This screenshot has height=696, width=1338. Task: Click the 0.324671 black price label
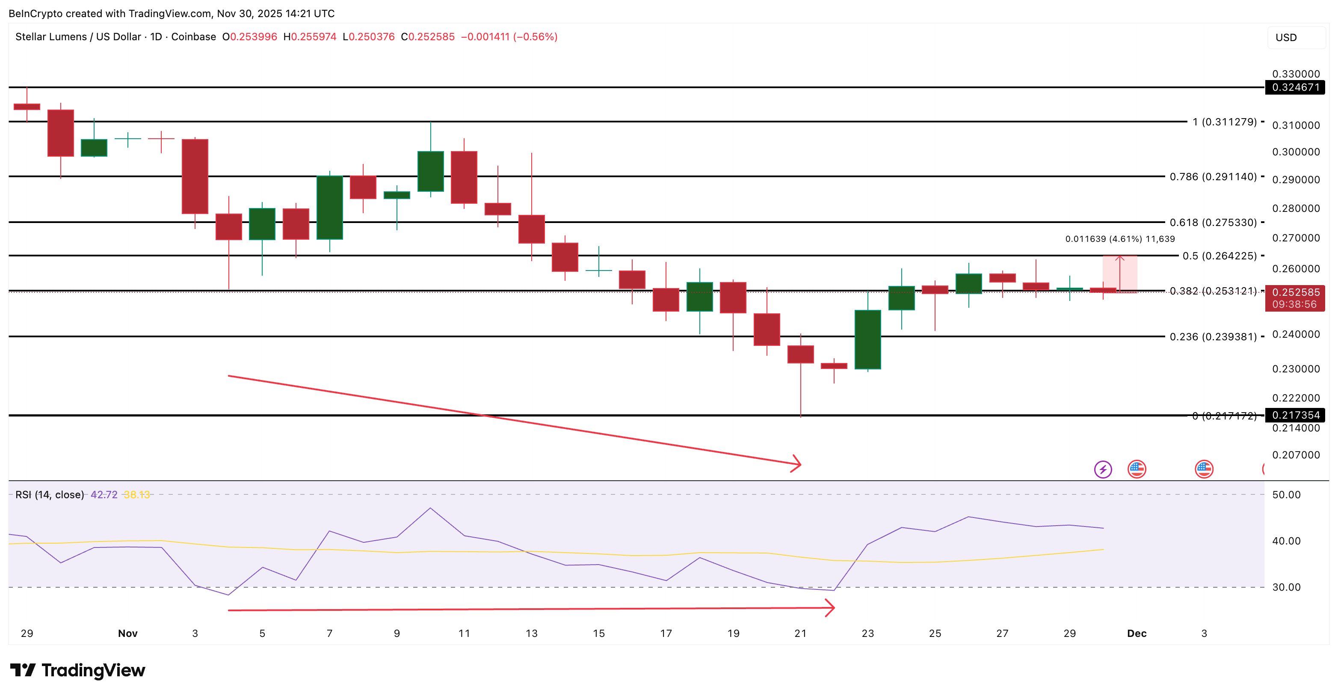tap(1295, 87)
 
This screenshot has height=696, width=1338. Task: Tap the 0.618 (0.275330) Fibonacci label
tap(1213, 223)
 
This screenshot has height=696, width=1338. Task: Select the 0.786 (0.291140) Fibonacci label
tap(1213, 177)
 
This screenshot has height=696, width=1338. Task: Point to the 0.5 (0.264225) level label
tap(1219, 256)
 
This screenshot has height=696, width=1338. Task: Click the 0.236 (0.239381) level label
tap(1213, 337)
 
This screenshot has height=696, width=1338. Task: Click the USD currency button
tap(1286, 37)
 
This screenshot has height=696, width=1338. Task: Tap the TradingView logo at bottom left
tap(77, 670)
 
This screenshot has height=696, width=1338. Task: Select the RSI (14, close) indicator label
tap(49, 495)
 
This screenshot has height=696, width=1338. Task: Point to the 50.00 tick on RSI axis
tap(1286, 495)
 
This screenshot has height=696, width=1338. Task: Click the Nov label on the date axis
tap(128, 634)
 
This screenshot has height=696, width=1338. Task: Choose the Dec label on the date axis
tap(1137, 634)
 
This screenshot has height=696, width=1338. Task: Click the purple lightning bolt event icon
tap(1103, 470)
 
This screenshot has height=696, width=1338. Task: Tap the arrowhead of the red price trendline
tap(797, 464)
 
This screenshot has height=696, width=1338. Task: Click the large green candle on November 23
tap(867, 339)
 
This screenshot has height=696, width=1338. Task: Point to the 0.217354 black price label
tap(1295, 415)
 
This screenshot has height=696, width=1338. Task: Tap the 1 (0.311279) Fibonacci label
tap(1224, 122)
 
